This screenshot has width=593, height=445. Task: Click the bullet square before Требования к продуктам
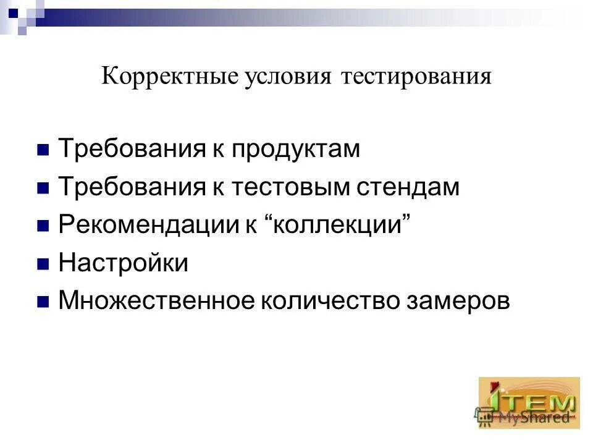tap(43, 150)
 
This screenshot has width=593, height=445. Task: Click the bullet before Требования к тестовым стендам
tap(43, 189)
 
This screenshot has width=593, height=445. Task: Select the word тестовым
tap(291, 187)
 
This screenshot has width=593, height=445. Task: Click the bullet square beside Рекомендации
tap(43, 226)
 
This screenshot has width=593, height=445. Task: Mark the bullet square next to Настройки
tap(43, 265)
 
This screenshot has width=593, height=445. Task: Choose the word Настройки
tap(123, 263)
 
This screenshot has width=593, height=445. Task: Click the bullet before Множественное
tap(43, 302)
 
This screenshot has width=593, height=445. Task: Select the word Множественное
tap(156, 301)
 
